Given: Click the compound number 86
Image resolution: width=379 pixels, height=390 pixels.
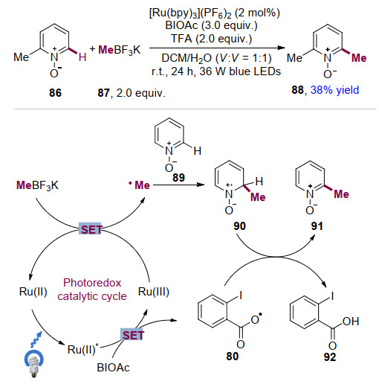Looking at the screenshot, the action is point(55,93).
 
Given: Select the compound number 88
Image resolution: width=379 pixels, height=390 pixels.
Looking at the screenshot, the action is point(297,90).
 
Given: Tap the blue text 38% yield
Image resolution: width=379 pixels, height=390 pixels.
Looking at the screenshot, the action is point(334,90).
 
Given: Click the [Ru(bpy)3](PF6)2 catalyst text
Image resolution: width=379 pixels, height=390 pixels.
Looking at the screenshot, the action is point(215,13).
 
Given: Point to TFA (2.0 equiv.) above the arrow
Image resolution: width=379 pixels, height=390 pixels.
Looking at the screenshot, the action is point(211,39).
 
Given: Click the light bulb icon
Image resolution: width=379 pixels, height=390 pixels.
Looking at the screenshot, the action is point(33,363).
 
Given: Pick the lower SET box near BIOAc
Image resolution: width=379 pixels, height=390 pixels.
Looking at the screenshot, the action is point(132,335).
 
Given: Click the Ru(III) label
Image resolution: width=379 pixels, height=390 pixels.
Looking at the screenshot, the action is point(154,292).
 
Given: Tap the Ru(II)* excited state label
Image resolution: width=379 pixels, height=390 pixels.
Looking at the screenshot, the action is point(83,349).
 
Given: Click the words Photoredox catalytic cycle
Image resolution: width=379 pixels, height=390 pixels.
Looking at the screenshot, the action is point(92,290).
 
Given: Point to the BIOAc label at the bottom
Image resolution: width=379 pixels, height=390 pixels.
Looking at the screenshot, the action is point(113,368).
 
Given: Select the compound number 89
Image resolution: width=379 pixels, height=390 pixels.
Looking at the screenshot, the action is point(178,177).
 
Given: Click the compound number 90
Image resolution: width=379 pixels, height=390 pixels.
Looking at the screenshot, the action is point(239,226).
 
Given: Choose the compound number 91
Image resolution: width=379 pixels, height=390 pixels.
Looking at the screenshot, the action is point(317,226).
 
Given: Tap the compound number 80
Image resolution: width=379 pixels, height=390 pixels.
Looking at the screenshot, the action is point(232,357).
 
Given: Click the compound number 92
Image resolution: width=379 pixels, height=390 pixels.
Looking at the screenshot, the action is point(330,357).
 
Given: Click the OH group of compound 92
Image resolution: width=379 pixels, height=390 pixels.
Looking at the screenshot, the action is point(351,322).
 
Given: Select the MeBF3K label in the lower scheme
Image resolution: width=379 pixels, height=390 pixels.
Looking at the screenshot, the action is point(37,185).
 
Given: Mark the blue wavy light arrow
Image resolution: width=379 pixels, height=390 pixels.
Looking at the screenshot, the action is point(36,339).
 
